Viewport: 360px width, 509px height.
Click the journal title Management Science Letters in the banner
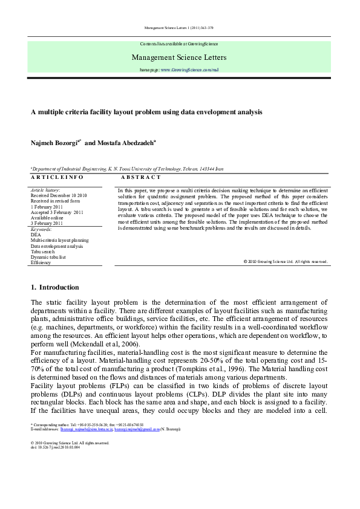[x=179, y=58]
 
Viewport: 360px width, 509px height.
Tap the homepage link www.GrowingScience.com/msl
[x=187, y=71]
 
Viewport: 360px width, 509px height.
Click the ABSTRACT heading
[x=141, y=178]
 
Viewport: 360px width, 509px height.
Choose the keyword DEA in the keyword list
[x=36, y=235]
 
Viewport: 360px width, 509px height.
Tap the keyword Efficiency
[x=41, y=263]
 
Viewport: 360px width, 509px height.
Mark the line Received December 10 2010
[x=59, y=196]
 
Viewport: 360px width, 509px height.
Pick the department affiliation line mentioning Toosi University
[x=130, y=170]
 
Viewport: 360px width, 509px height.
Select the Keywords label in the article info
[x=41, y=229]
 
